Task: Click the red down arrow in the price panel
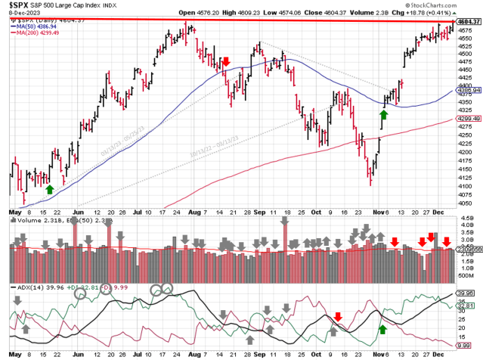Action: click(226, 61)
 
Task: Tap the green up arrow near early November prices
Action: click(383, 114)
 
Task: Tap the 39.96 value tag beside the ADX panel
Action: click(468, 293)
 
